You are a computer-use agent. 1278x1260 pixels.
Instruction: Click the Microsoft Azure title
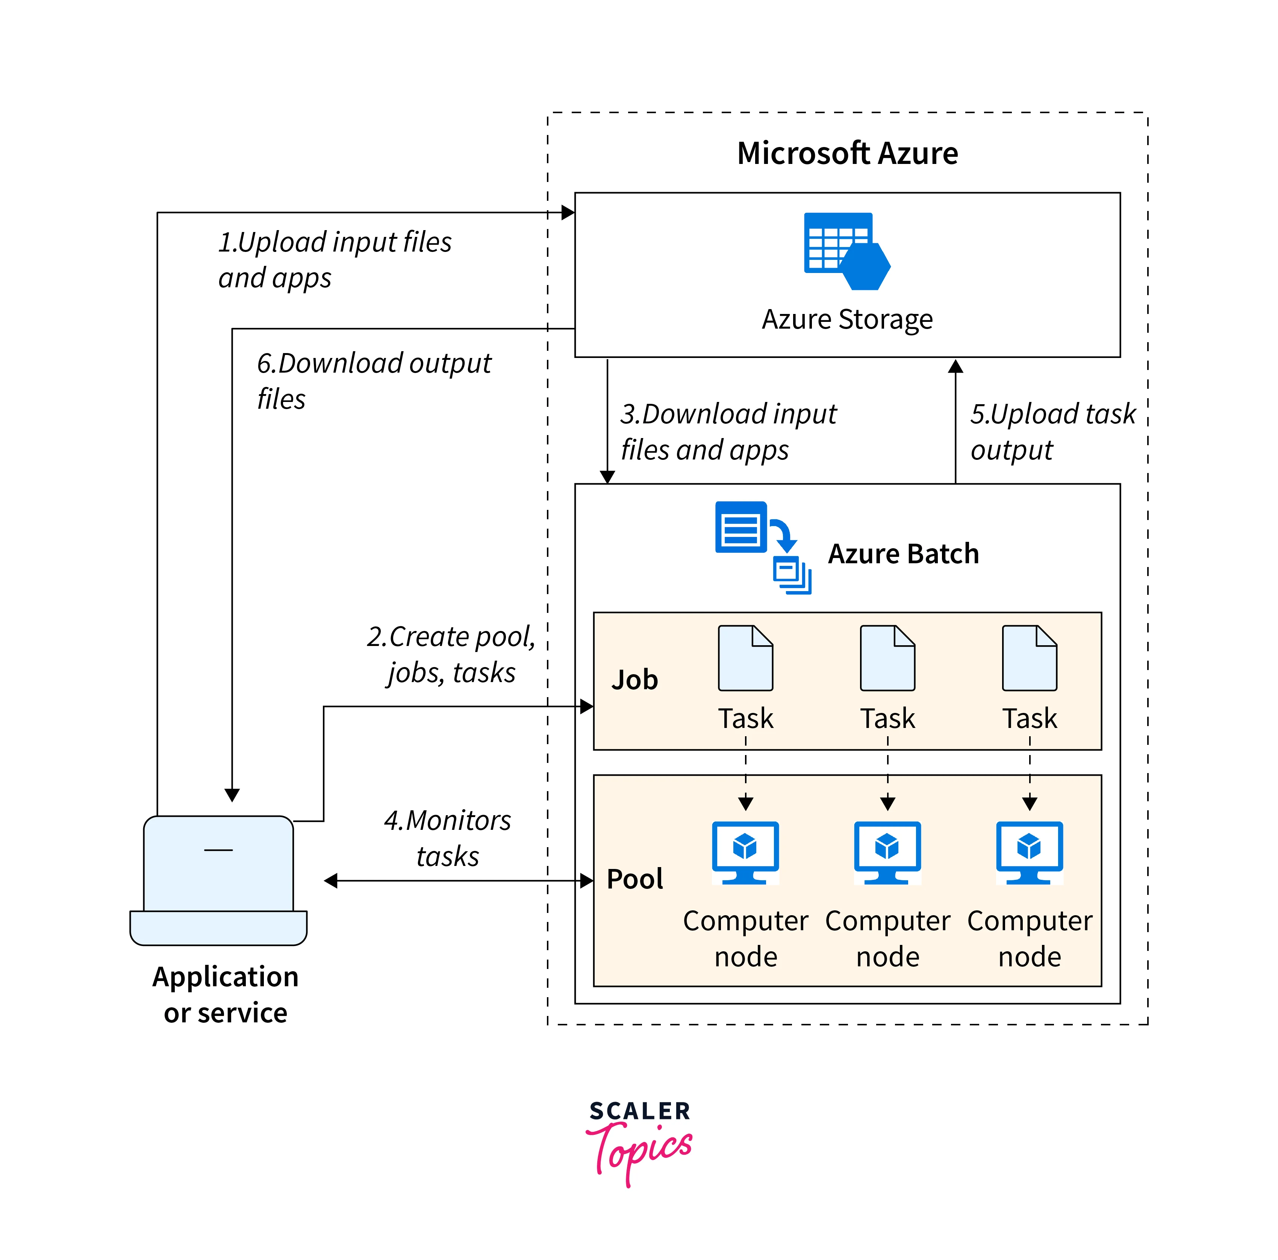click(847, 153)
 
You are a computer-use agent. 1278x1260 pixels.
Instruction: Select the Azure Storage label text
click(847, 320)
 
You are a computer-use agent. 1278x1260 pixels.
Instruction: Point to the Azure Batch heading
click(903, 554)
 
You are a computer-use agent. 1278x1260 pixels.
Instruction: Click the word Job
click(634, 680)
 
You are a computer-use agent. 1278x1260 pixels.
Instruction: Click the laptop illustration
click(218, 880)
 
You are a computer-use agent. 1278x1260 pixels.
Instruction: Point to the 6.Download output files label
click(374, 381)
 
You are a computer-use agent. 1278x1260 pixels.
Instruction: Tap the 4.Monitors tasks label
click(448, 838)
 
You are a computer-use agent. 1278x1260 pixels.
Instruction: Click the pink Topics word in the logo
click(641, 1151)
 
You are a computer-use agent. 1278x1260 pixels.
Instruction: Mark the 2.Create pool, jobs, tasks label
click(451, 655)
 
